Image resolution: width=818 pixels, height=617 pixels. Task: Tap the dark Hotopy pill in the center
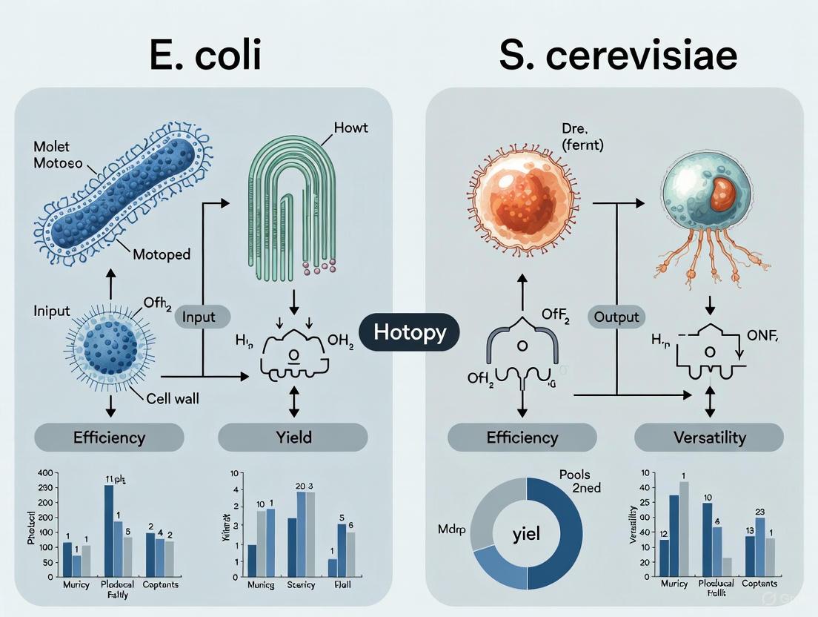pos(410,331)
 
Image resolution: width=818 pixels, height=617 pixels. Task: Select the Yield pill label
pos(293,437)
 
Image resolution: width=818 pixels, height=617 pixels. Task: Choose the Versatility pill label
pos(709,437)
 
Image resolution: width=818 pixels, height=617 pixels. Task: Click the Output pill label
pos(616,317)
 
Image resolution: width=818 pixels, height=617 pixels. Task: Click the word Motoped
pos(162,254)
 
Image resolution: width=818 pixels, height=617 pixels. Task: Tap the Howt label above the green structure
pos(351,128)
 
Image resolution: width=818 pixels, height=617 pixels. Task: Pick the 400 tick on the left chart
pos(46,473)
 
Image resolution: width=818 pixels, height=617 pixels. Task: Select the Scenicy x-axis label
pos(301,585)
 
